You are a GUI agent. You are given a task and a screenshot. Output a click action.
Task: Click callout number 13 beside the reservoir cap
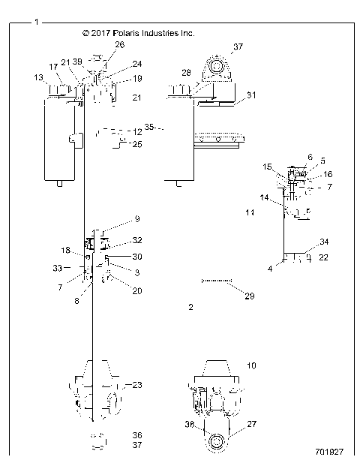coord(38,77)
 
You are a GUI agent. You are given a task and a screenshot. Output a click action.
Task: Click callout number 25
coord(136,144)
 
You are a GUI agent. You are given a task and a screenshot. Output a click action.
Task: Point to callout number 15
coord(268,166)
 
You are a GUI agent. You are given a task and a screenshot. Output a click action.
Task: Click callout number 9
coord(136,219)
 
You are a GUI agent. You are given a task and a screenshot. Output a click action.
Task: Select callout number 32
coord(137,241)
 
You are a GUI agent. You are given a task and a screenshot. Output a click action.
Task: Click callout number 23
coord(137,386)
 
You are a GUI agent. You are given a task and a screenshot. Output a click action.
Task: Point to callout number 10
coord(251,365)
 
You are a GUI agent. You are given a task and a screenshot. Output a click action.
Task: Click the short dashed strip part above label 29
coord(214,280)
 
